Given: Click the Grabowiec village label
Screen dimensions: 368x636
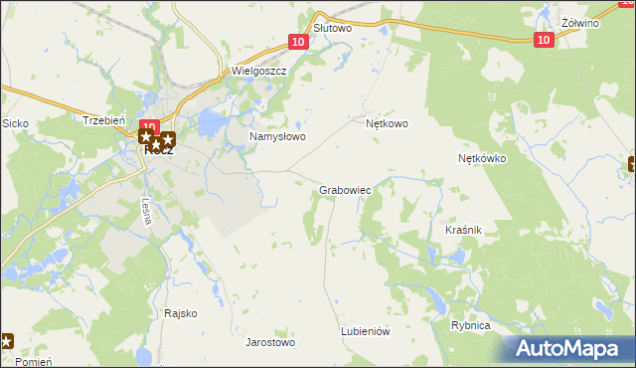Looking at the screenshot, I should click(x=345, y=188).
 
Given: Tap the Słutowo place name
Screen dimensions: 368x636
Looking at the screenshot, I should click(x=333, y=29).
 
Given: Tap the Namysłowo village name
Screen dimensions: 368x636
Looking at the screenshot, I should click(x=277, y=136).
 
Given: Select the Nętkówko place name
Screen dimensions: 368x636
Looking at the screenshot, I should click(x=483, y=158).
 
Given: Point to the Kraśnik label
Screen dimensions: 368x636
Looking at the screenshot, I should click(x=463, y=230).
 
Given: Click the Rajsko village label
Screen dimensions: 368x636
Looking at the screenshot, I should click(x=181, y=313).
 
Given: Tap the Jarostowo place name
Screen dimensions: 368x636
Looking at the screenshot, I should click(x=270, y=342).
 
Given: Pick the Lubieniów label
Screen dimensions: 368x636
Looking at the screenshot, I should click(x=365, y=331).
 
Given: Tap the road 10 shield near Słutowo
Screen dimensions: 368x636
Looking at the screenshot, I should click(x=298, y=42).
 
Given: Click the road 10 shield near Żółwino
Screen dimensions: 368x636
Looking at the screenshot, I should click(x=543, y=39).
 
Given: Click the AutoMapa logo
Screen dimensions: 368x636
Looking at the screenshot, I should click(x=569, y=349).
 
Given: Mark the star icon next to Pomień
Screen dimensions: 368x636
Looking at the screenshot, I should click(x=5, y=341).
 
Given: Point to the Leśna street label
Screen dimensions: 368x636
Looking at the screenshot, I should click(x=146, y=211).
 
